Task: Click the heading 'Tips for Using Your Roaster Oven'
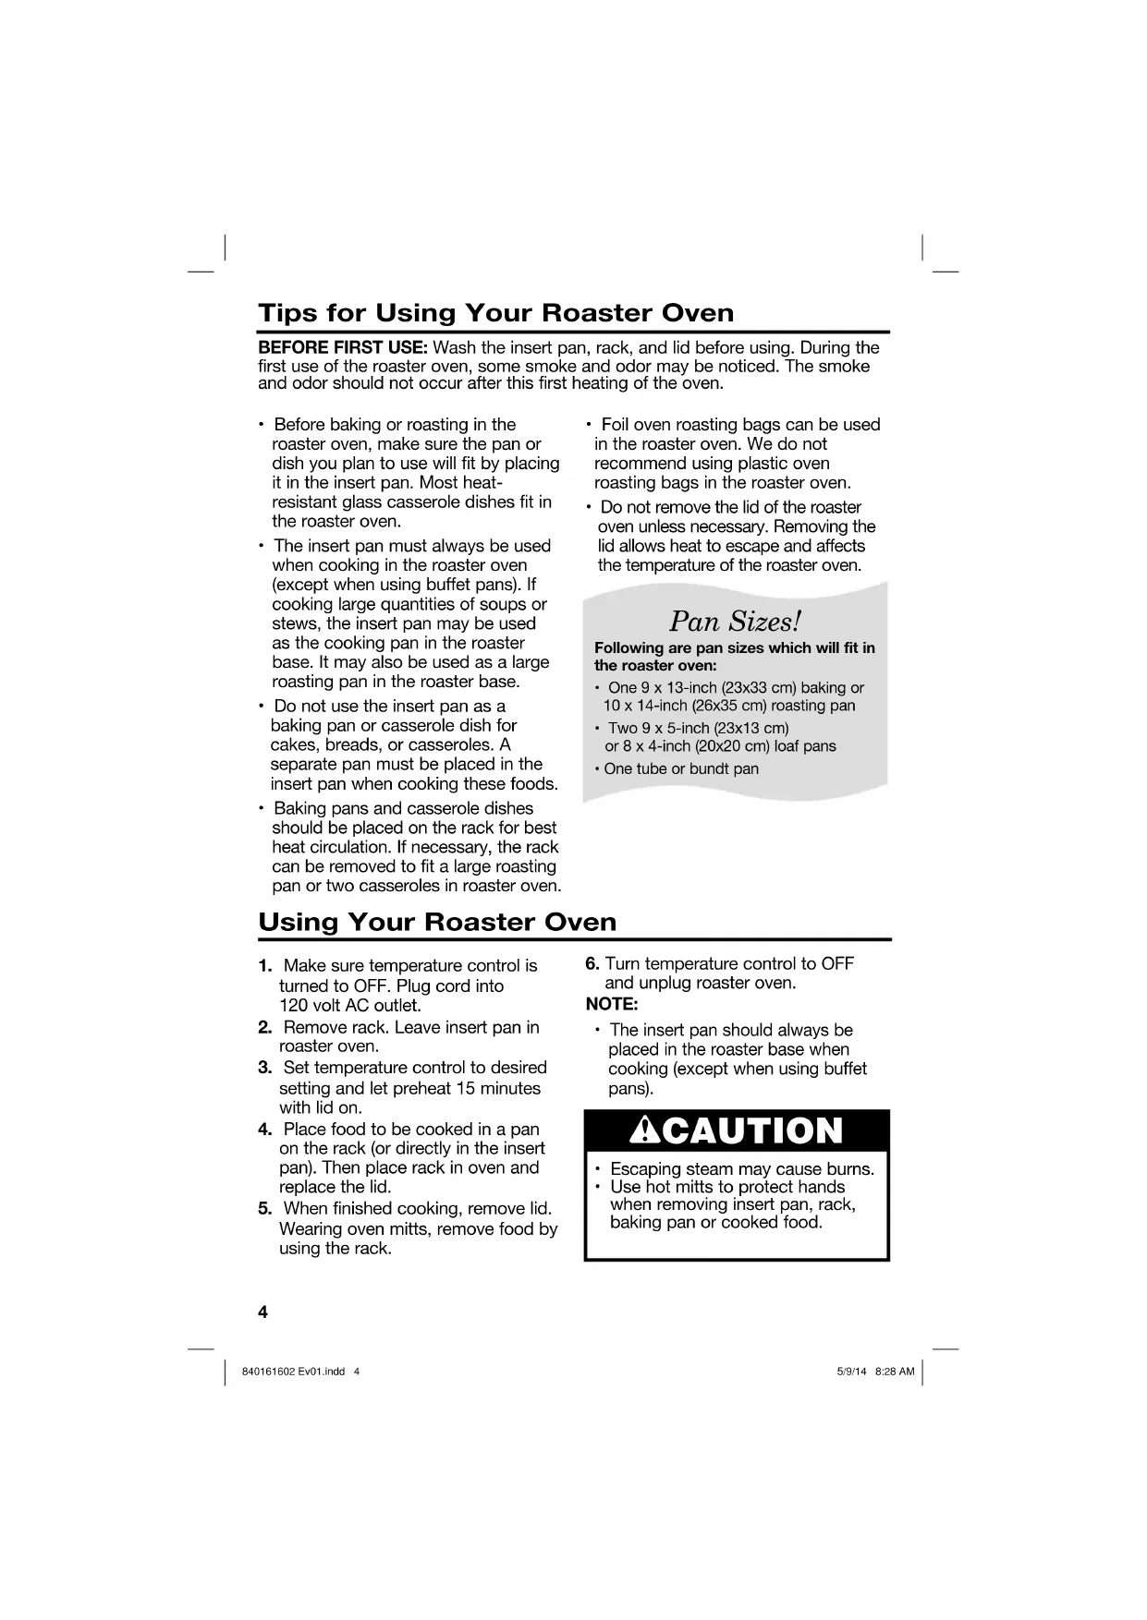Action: point(495,312)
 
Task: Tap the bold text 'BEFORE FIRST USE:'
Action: point(343,348)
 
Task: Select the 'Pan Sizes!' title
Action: point(735,620)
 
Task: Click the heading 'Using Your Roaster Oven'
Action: point(437,922)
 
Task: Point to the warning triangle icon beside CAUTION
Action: point(641,1130)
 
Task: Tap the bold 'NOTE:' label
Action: point(612,1004)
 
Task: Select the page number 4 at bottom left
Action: point(262,1312)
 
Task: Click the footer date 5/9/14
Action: point(851,1372)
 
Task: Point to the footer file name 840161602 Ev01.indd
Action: point(293,1372)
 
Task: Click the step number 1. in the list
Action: point(265,966)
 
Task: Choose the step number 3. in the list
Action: point(265,1068)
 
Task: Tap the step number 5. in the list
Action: point(265,1209)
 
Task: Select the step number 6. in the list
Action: point(593,964)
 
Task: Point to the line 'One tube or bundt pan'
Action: point(681,769)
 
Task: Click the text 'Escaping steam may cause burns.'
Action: point(741,1169)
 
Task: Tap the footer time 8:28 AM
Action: point(895,1372)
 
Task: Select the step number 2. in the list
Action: point(265,1028)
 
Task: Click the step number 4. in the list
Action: point(265,1130)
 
